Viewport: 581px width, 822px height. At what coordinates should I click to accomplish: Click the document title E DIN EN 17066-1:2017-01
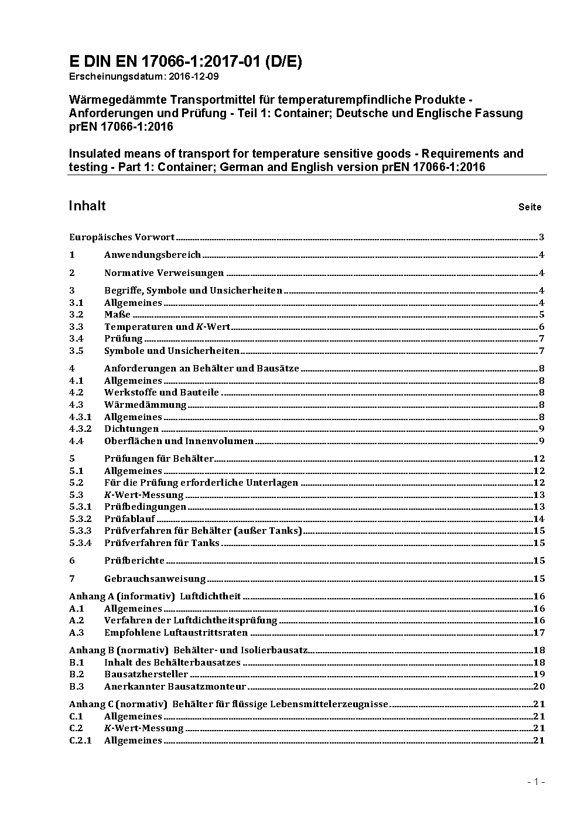coord(185,62)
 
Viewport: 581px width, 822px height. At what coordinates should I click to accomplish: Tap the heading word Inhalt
coord(87,206)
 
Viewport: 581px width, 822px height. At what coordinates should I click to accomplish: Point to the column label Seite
coord(529,207)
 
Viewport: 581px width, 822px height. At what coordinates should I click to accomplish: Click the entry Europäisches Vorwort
coord(122,237)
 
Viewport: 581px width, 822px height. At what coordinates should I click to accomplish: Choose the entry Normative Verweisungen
coord(164,273)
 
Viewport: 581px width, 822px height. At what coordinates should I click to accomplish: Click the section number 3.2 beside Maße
coord(76,315)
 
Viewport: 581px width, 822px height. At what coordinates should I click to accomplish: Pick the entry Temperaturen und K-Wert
coord(167,327)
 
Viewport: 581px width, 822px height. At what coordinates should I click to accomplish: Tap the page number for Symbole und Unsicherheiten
coord(542,351)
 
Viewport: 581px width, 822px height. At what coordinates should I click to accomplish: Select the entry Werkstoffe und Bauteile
coord(162,393)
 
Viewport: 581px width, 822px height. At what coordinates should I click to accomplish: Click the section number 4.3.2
coord(80,429)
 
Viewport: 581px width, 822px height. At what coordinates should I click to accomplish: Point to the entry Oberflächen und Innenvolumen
coord(179,441)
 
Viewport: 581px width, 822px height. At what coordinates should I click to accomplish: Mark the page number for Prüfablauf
coord(539,519)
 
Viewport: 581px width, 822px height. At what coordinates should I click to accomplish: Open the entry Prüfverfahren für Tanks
coord(162,543)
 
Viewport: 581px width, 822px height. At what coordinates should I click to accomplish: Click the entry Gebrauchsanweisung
coord(155,579)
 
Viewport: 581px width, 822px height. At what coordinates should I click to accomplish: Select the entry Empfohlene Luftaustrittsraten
coord(176,633)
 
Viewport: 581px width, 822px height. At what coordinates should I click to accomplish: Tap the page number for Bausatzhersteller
coord(539,674)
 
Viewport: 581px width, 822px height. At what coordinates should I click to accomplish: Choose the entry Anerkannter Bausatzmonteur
coord(175,687)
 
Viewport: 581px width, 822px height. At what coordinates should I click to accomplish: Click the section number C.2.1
coord(80,741)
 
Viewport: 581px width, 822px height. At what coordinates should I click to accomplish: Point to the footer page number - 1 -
coord(536,782)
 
